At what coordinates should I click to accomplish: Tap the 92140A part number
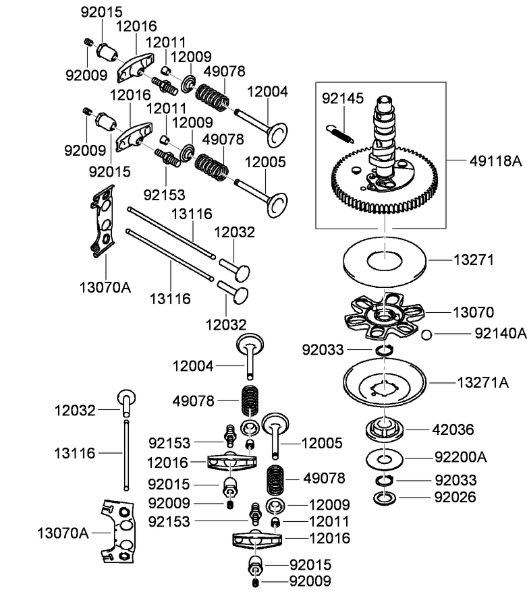[x=500, y=332]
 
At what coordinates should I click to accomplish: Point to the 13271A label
[x=484, y=382]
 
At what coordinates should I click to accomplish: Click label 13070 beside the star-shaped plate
[x=473, y=312]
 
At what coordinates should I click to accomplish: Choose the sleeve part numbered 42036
[x=385, y=429]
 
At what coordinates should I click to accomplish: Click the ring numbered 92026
[x=385, y=499]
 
